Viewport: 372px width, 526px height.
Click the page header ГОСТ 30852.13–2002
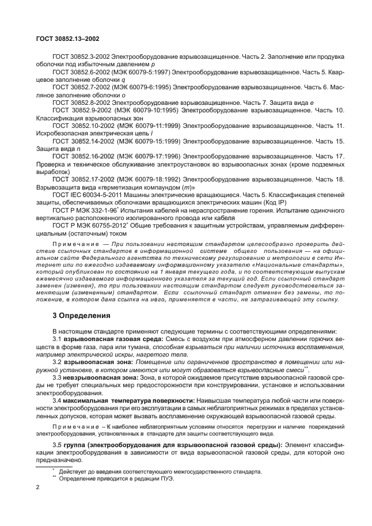pos(59,40)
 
